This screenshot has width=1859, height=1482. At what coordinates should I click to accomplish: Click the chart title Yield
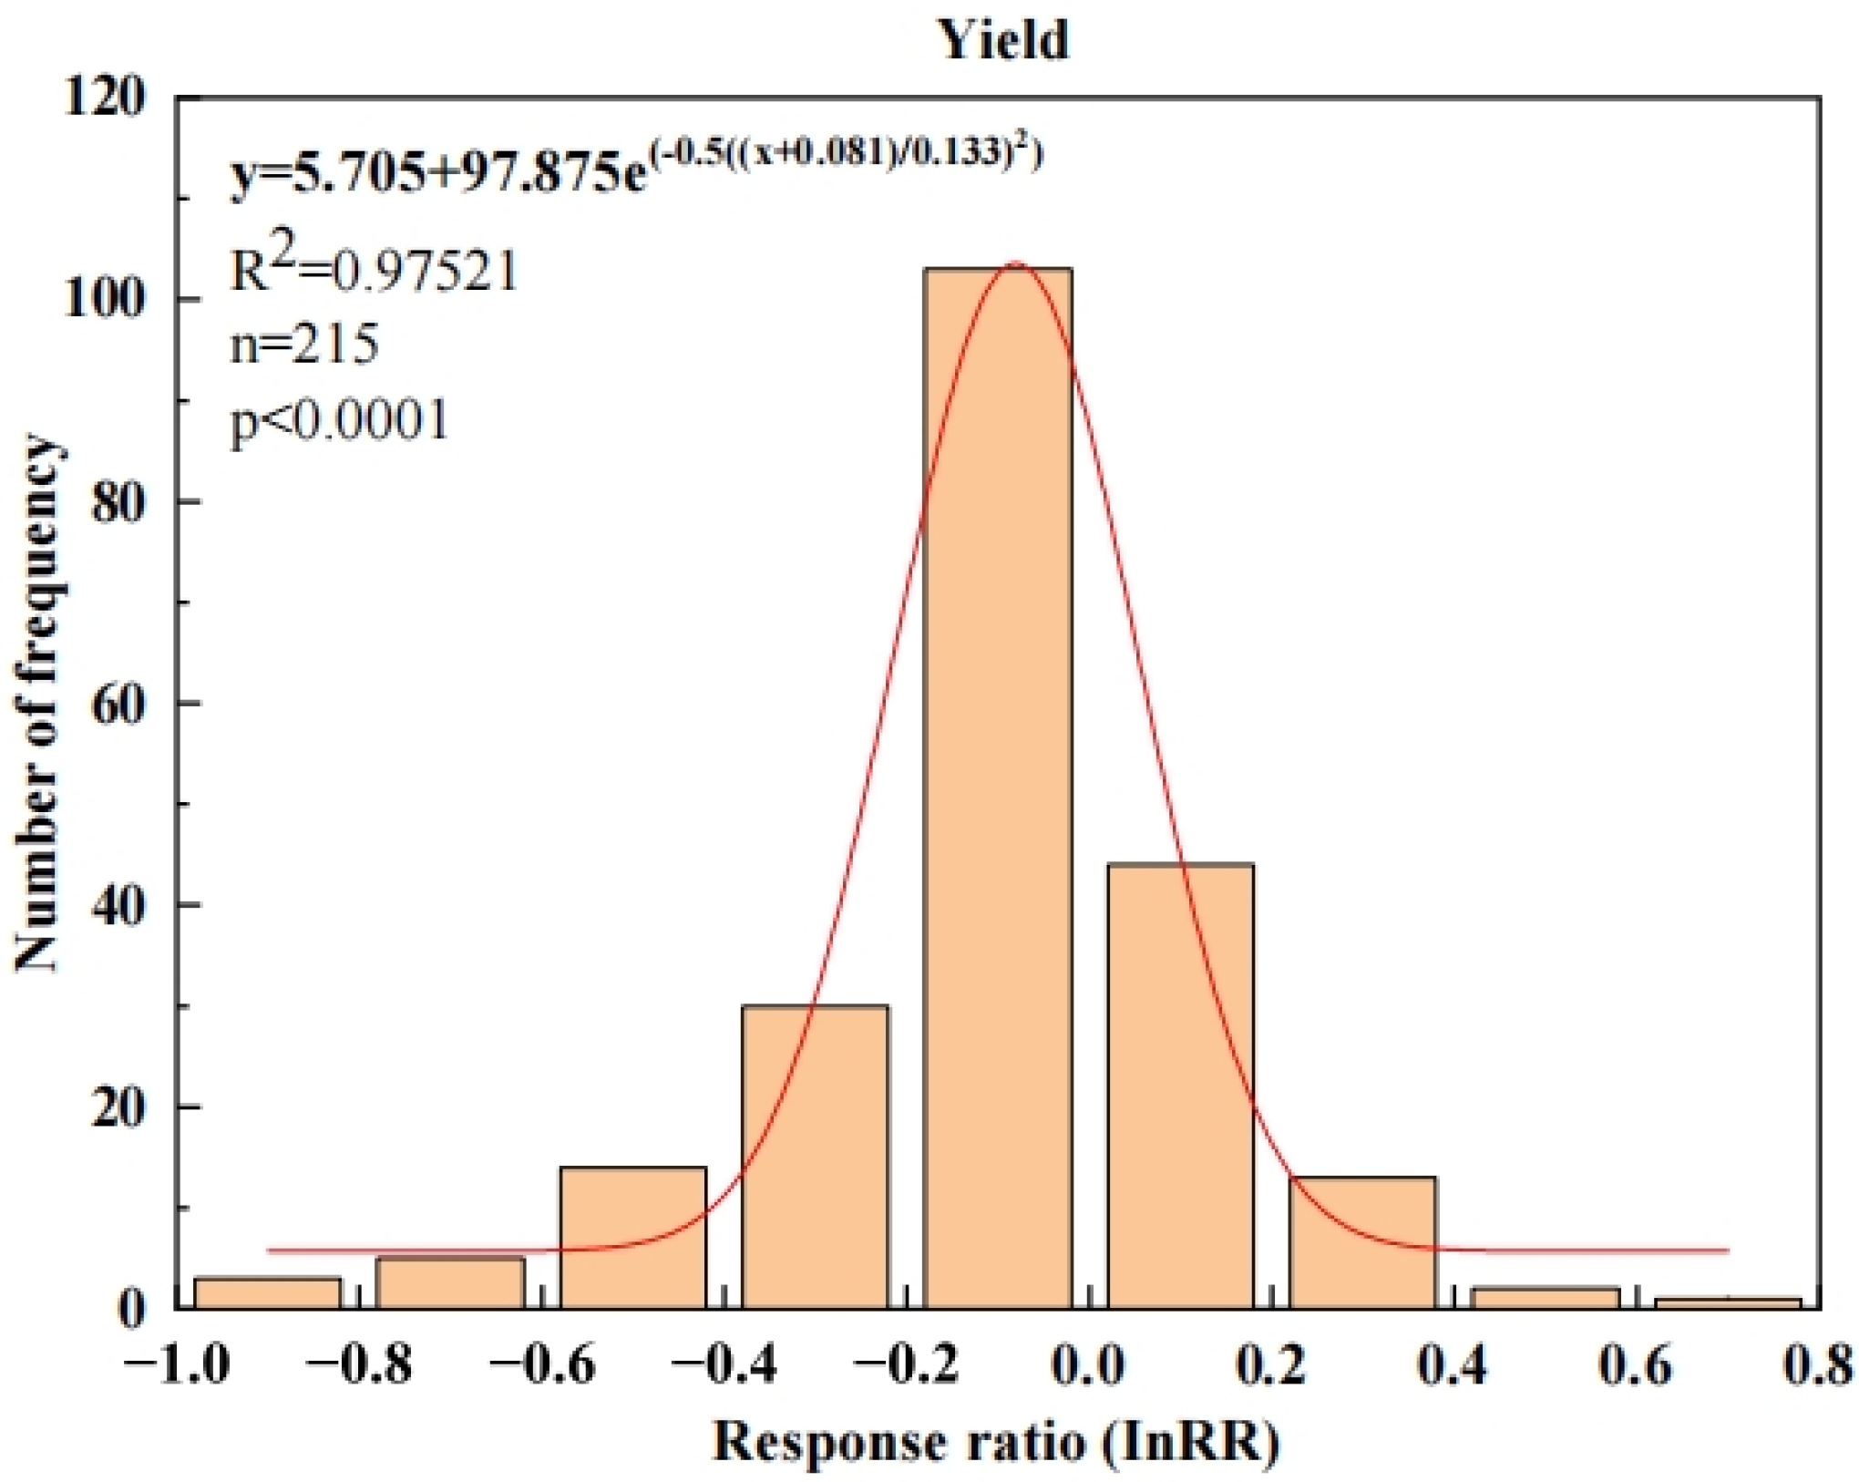[x=1003, y=41]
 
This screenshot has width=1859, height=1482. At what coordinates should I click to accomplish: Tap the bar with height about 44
[x=1180, y=1085]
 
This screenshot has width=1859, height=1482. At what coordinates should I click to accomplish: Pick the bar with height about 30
[x=816, y=1158]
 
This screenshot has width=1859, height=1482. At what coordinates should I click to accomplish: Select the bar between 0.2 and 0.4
[x=1362, y=1244]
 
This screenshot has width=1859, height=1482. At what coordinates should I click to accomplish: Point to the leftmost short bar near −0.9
[x=268, y=1293]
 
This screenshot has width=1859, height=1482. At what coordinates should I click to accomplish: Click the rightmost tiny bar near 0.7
[x=1728, y=1303]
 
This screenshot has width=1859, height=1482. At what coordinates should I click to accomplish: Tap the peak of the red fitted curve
[x=1015, y=264]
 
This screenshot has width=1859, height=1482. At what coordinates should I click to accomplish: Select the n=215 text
[x=303, y=345]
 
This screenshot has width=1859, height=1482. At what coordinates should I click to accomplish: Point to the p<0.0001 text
[x=339, y=420]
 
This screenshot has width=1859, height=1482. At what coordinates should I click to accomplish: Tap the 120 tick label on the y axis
[x=104, y=96]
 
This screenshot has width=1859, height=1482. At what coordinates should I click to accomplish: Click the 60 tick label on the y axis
[x=118, y=704]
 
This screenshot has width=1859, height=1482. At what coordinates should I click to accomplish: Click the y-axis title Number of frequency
[x=38, y=704]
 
